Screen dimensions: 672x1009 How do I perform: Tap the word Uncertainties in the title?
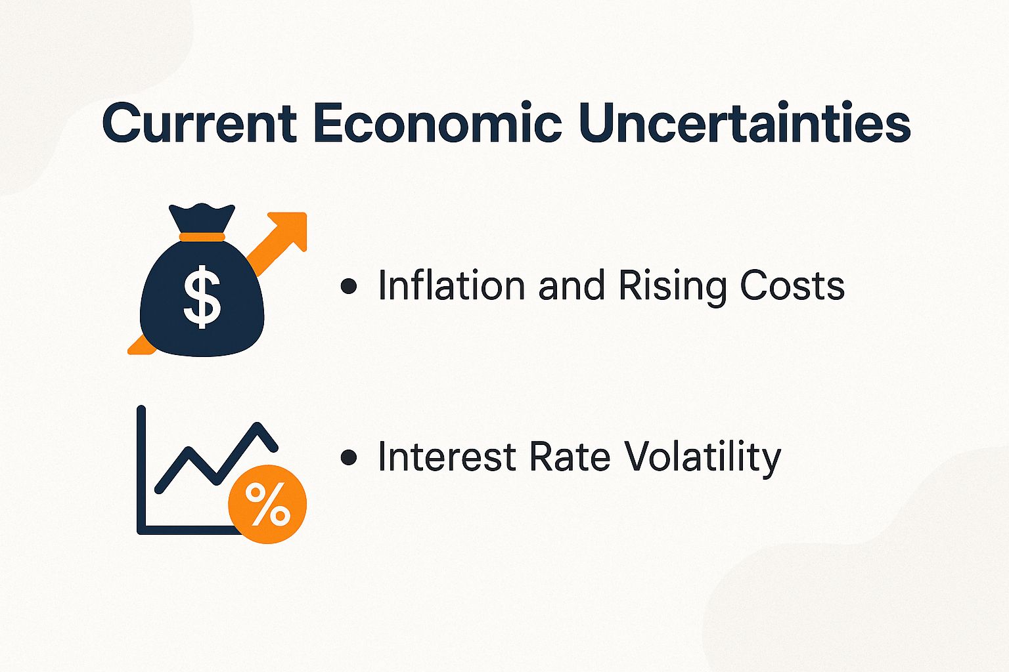tap(745, 123)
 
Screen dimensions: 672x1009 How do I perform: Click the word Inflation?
tap(451, 286)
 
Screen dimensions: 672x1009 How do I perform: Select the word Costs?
tap(792, 286)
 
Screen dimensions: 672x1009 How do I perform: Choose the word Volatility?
tap(702, 458)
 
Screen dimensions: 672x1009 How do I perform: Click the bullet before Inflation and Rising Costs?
tap(349, 286)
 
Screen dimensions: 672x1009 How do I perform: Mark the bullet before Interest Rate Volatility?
tap(349, 457)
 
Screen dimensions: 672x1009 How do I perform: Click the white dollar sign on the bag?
tap(202, 296)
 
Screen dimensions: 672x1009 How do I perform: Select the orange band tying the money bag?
tap(202, 237)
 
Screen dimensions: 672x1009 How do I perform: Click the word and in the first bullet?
tap(572, 286)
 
